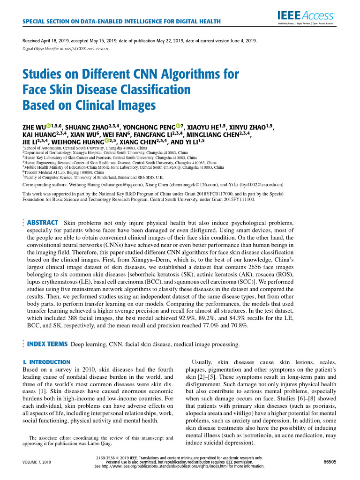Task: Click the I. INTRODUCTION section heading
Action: tap(46, 362)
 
